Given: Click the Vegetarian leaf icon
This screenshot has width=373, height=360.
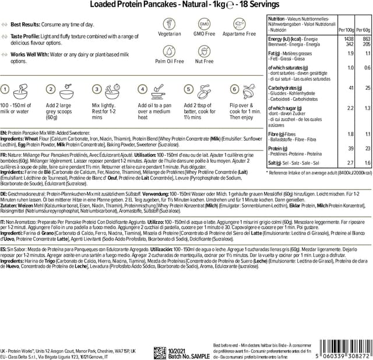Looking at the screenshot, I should click(x=170, y=24).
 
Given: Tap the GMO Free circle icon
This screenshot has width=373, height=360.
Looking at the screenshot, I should click(x=205, y=24).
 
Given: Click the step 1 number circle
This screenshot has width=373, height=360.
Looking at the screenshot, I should click(x=5, y=89).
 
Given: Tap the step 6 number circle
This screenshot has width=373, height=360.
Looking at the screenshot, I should click(x=234, y=89).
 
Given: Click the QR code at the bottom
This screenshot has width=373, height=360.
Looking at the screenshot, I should click(x=161, y=352).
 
